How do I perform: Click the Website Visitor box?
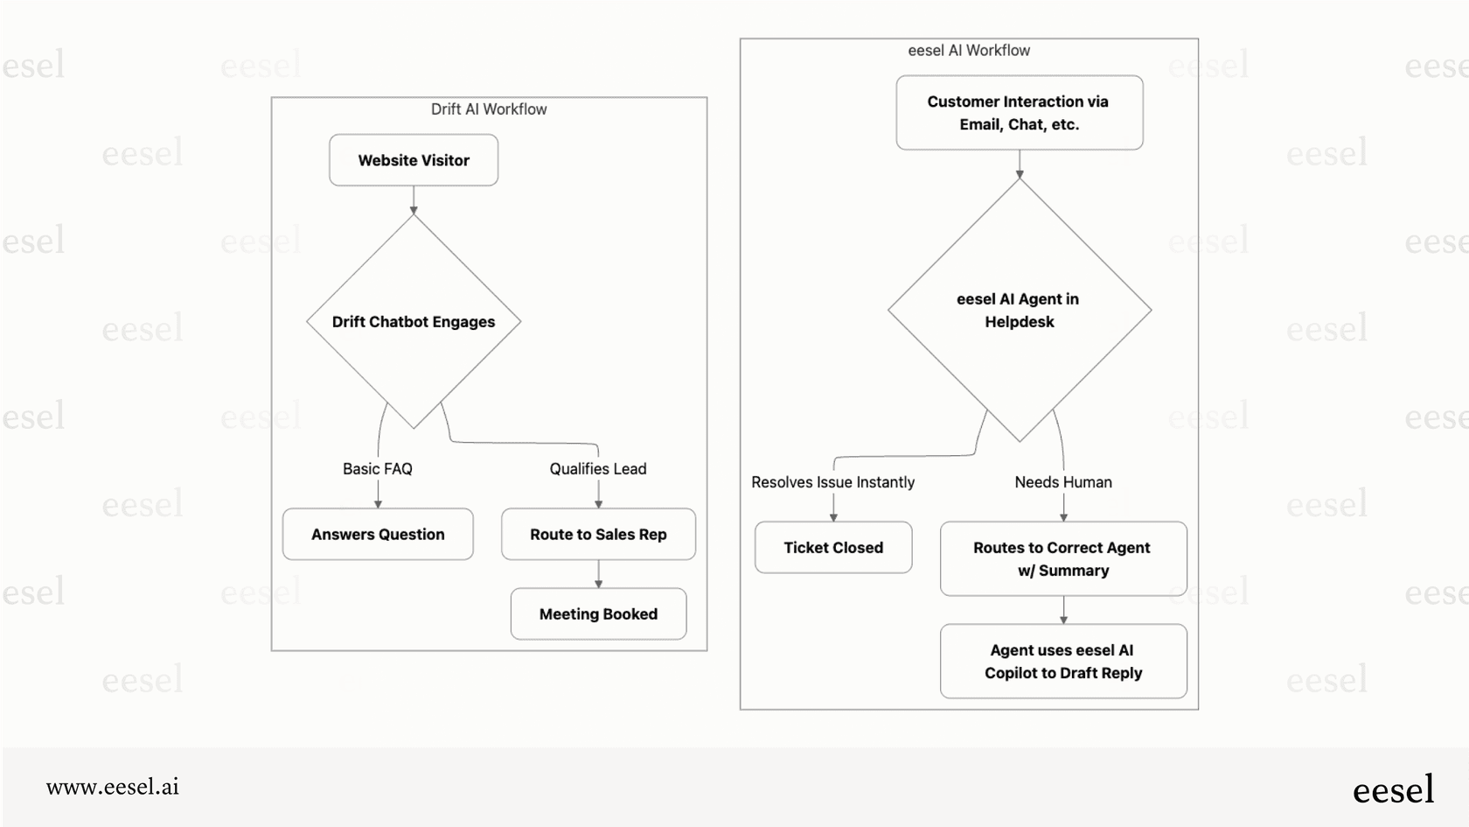(414, 160)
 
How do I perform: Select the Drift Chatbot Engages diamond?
(414, 322)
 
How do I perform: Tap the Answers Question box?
(378, 534)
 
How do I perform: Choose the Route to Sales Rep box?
(598, 534)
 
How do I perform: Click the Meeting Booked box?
(598, 613)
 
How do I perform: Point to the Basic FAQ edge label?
(378, 469)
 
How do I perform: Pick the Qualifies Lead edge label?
(598, 469)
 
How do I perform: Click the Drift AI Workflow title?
(489, 109)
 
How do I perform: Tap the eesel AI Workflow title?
(969, 51)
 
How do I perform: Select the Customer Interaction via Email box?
(1019, 113)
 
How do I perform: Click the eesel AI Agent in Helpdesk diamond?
(1019, 311)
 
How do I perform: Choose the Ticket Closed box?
(833, 548)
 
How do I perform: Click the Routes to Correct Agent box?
(1063, 558)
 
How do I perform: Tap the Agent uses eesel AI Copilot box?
(1063, 662)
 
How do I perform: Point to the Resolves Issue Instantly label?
(832, 482)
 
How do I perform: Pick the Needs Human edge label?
(1063, 482)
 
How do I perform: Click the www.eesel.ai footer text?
(113, 787)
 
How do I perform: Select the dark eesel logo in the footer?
(1393, 789)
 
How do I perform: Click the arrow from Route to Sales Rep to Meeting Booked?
(598, 574)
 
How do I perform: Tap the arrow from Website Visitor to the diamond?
(414, 200)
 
